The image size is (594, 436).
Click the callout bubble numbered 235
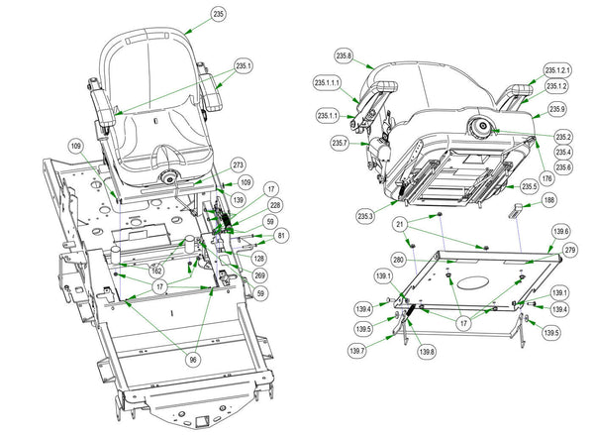(x=220, y=15)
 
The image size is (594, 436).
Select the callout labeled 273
(x=238, y=164)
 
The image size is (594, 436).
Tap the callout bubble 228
(x=275, y=205)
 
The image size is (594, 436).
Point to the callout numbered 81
(x=282, y=235)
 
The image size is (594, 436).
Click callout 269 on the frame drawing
(x=259, y=274)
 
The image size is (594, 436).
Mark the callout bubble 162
(x=156, y=270)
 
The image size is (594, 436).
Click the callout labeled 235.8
(x=344, y=56)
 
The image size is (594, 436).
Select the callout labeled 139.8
(x=427, y=351)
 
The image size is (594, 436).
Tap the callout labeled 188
(x=549, y=199)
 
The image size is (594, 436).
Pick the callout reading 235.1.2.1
(x=561, y=71)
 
